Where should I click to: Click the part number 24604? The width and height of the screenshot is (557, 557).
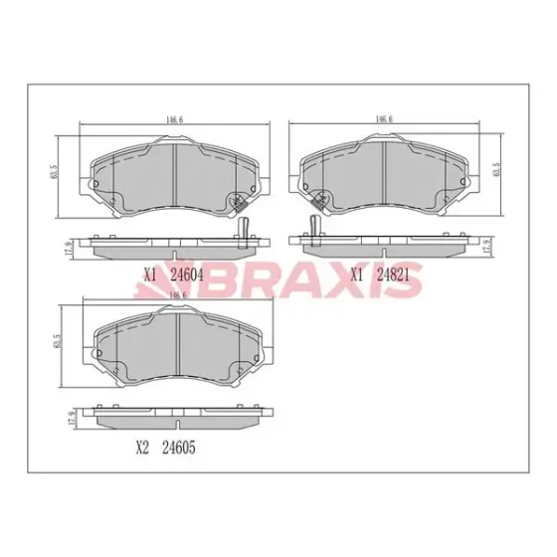coord(187,275)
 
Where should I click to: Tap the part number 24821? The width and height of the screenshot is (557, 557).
coord(393,275)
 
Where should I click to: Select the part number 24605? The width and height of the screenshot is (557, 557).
coord(179,448)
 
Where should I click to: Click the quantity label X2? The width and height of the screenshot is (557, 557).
coord(141,448)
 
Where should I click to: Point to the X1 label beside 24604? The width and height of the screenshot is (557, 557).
coord(150,275)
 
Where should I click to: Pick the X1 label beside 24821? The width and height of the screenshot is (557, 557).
coord(357,275)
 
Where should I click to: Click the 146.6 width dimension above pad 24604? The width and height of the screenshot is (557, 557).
coord(174,119)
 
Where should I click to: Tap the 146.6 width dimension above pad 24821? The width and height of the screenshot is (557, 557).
coord(384,119)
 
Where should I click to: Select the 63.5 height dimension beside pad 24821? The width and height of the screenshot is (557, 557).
coord(496,169)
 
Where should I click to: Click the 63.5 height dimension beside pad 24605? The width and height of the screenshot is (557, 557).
coord(58,340)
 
